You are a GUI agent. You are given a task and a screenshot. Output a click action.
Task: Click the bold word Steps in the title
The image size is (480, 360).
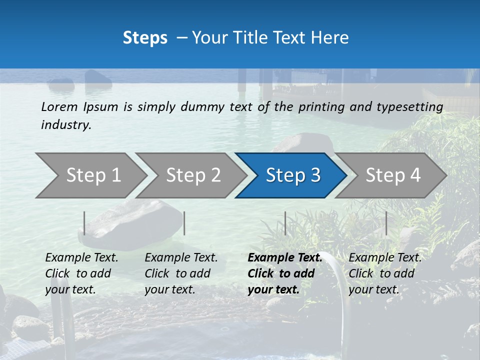click(x=145, y=38)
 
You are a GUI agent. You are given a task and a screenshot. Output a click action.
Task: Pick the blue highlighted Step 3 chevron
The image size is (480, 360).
click(x=293, y=175)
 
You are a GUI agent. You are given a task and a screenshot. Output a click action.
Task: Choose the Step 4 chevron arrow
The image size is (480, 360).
click(x=393, y=175)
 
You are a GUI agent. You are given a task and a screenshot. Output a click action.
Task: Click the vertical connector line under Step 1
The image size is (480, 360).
click(x=84, y=223)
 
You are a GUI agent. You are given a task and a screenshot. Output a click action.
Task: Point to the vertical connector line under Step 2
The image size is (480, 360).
click(x=184, y=223)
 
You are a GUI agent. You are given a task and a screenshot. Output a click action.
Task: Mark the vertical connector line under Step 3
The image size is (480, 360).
click(x=285, y=223)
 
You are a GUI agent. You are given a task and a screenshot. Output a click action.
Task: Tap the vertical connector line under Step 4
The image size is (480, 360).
click(x=386, y=223)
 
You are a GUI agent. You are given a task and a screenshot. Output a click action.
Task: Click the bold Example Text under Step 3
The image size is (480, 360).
click(x=285, y=273)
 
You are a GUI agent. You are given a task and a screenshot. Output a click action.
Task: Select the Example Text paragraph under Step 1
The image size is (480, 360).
click(x=81, y=273)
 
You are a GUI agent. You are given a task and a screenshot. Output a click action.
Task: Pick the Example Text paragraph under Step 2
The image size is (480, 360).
click(x=181, y=273)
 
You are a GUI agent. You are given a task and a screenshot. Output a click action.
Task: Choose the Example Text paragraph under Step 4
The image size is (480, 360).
click(x=385, y=273)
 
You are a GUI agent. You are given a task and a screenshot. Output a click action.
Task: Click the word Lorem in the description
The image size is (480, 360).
click(x=59, y=107)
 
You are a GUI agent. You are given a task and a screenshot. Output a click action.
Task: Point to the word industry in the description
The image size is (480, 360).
click(x=66, y=125)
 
